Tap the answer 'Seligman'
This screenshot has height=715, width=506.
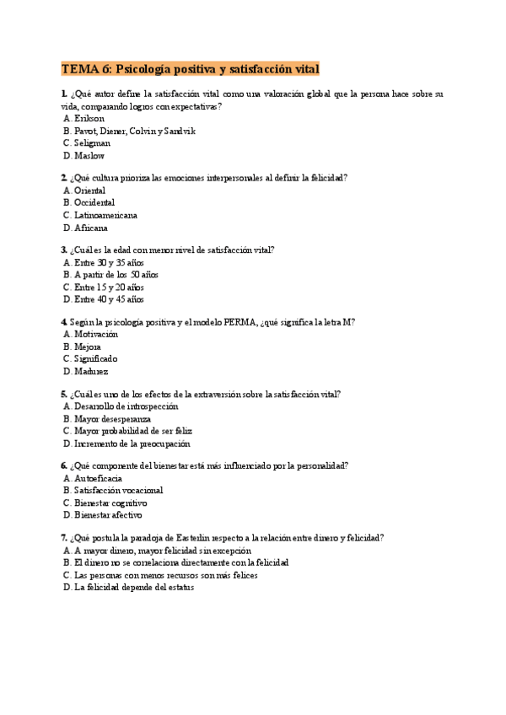point(92,143)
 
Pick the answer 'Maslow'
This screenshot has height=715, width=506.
point(89,155)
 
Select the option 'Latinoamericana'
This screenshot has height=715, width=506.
point(105,215)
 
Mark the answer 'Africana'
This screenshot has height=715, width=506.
point(91,228)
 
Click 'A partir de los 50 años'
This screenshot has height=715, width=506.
point(116,275)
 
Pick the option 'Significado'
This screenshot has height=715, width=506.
point(96,358)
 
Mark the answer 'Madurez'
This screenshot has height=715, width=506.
point(91,371)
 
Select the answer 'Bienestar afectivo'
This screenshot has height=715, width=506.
point(108,514)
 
